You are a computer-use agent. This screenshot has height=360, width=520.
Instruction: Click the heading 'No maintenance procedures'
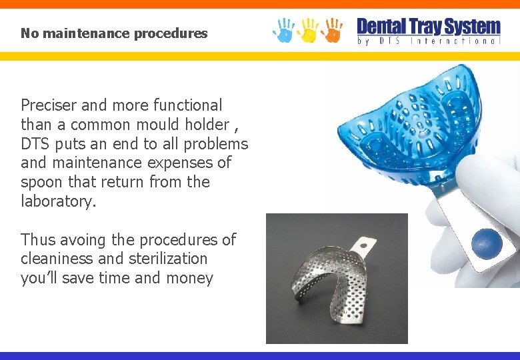pos(114,33)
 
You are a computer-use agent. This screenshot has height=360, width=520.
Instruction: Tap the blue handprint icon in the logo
pos(283,29)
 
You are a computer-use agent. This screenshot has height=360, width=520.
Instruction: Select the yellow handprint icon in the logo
pos(308,29)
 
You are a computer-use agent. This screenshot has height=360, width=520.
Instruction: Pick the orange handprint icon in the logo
pos(331,29)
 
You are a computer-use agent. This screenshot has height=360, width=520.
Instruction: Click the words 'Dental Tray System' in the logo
pos(429,27)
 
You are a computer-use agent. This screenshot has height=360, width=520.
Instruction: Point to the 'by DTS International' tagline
pos(429,41)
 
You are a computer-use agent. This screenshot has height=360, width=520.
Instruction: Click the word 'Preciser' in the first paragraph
pos(49,105)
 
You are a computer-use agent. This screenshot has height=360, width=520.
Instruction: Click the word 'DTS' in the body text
pos(37,144)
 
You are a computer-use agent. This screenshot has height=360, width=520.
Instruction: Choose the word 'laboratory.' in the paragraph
pos(59,201)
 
